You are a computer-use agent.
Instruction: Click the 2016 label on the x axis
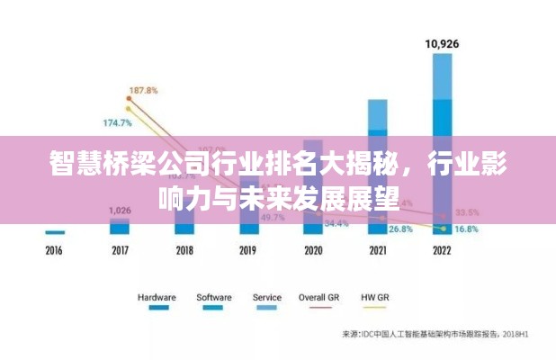point(55,250)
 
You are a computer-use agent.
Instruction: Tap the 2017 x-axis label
point(120,250)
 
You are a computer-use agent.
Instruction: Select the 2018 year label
point(184,250)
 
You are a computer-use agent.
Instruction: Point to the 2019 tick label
point(248,250)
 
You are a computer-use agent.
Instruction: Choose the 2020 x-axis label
point(313,250)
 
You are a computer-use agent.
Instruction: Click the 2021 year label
point(378,250)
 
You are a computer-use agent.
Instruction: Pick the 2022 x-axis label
point(442,250)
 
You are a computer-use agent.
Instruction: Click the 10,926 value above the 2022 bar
point(442,42)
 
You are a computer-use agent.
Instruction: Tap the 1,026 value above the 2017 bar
point(120,211)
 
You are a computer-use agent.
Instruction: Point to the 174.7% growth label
point(117,121)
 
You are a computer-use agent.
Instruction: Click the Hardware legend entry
point(157,297)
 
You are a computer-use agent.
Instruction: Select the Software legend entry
point(212,297)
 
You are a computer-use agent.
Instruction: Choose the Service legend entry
point(266,297)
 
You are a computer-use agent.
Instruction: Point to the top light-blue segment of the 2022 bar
point(442,76)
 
